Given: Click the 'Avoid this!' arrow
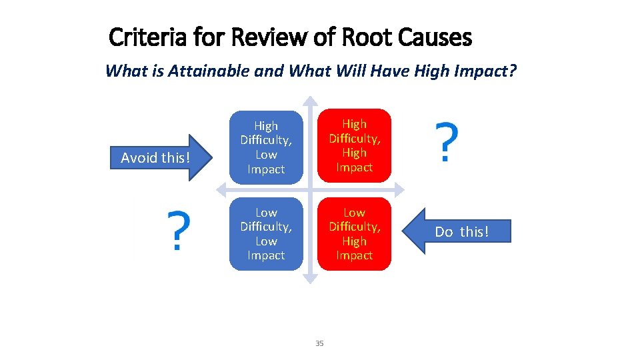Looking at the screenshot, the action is click(x=160, y=158).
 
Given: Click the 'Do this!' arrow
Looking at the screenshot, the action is click(x=460, y=231).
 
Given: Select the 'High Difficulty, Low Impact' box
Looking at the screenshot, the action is click(x=266, y=147).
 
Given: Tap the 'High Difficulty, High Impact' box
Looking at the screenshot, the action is click(x=354, y=145).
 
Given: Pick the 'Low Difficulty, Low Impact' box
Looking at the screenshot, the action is click(x=266, y=234).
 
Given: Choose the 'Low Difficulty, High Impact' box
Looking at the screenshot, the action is click(x=354, y=234).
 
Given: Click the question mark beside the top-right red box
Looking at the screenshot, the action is click(x=447, y=142).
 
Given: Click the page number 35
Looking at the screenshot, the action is click(x=319, y=343).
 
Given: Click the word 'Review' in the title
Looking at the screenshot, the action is click(x=267, y=37).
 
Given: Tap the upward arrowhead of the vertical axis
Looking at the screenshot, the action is click(x=310, y=103).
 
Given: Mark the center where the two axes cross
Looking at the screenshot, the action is click(x=310, y=190).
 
